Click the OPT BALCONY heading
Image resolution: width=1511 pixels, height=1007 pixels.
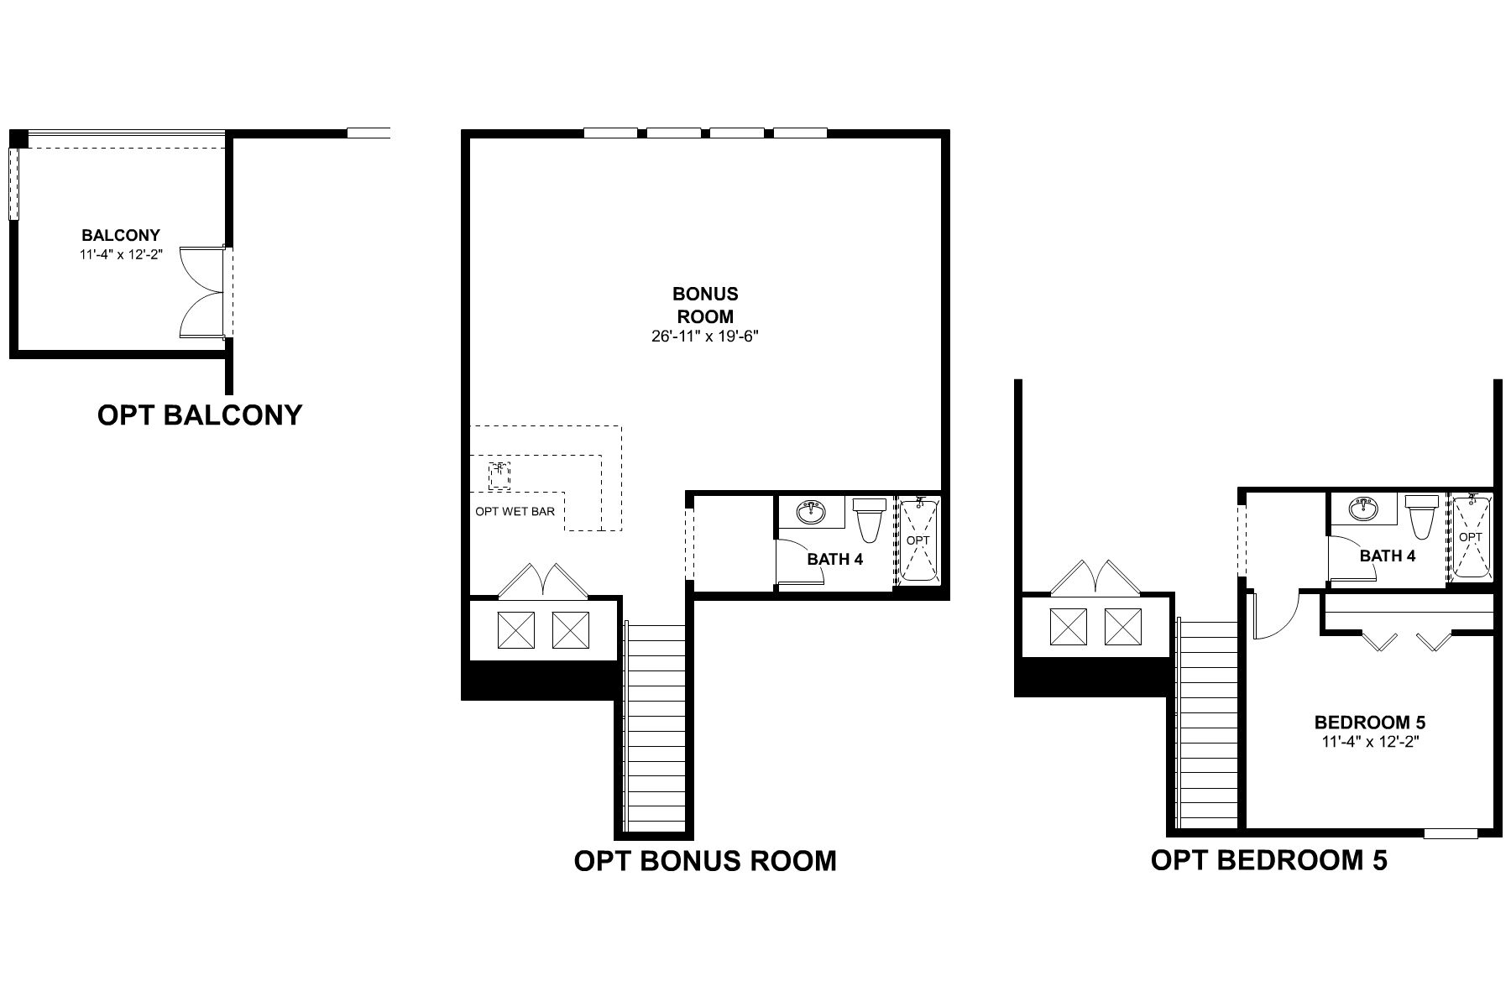click(200, 415)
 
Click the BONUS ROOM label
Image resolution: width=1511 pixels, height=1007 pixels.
click(705, 305)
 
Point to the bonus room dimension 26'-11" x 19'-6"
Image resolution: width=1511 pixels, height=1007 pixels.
click(705, 337)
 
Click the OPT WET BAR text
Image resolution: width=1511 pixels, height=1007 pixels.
click(515, 511)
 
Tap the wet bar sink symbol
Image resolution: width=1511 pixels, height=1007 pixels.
click(499, 475)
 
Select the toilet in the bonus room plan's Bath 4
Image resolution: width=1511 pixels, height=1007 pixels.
click(869, 519)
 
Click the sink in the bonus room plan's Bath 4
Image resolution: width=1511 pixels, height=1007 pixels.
click(810, 510)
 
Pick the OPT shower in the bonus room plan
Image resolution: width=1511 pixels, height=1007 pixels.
click(918, 540)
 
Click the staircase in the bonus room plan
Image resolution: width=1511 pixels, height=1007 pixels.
click(656, 726)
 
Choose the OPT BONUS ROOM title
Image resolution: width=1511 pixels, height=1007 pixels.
click(705, 861)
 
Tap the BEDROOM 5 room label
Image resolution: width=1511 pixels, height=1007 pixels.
click(1369, 723)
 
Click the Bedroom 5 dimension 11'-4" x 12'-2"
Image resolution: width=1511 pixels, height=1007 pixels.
click(1369, 742)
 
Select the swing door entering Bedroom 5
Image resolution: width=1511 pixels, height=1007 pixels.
click(1273, 614)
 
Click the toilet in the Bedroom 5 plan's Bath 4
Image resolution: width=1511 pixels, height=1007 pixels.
click(1422, 517)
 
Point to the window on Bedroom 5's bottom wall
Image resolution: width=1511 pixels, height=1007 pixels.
click(1451, 833)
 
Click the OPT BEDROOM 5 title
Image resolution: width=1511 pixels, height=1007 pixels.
click(1268, 860)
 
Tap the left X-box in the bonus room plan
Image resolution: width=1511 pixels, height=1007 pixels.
click(516, 629)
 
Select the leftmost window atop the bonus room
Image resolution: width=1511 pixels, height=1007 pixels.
click(610, 133)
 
